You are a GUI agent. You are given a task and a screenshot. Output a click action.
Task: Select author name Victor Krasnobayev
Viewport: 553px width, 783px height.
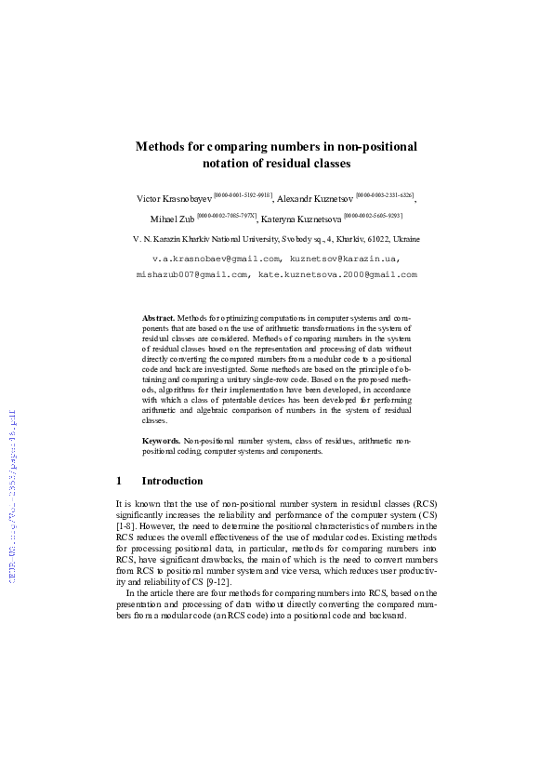(x=174, y=199)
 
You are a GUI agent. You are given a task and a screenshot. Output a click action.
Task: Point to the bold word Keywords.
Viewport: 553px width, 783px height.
(x=161, y=440)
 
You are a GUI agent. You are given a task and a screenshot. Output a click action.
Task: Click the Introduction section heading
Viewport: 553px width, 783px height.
(x=172, y=482)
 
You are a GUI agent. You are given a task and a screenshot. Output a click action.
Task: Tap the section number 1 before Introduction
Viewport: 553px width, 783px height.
(x=119, y=482)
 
